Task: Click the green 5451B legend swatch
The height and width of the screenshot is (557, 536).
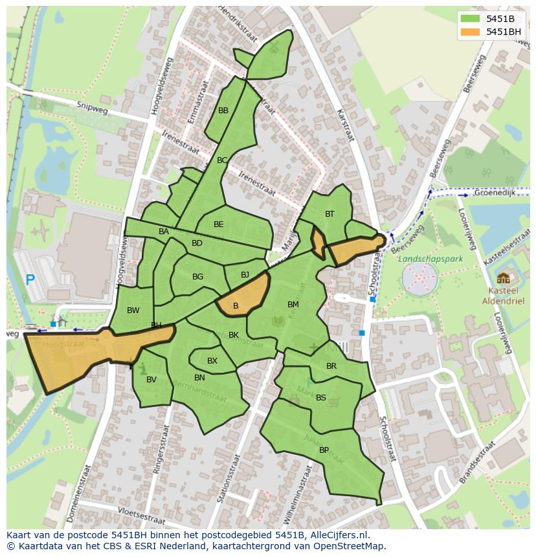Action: click(x=471, y=19)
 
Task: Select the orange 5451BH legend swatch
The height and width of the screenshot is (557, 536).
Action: click(x=471, y=31)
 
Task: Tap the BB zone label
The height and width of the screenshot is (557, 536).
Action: click(x=223, y=111)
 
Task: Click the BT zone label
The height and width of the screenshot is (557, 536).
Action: click(x=329, y=214)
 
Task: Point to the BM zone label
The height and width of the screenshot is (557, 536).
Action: click(x=293, y=304)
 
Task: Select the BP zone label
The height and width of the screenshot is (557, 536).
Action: click(x=324, y=450)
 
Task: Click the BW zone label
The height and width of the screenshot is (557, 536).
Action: click(x=133, y=311)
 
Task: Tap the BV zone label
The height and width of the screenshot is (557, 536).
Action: click(x=151, y=380)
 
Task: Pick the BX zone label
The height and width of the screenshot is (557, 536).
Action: click(x=212, y=361)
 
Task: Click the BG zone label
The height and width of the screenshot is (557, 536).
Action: click(x=197, y=277)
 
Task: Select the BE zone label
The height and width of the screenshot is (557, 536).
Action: click(x=218, y=224)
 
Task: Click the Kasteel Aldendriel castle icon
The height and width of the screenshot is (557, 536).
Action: click(x=503, y=279)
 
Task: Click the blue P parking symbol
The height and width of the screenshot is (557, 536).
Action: click(x=30, y=280)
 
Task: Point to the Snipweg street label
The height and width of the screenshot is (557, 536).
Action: click(x=90, y=107)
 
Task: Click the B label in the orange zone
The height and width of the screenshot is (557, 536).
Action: click(x=236, y=305)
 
